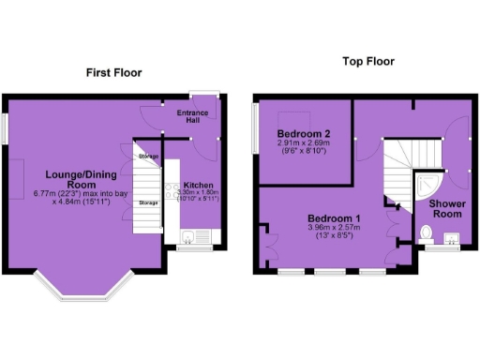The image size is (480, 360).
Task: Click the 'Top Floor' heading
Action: tap(368, 62)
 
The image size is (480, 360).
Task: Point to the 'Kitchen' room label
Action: tap(197, 185)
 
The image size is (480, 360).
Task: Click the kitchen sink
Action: tap(188, 234)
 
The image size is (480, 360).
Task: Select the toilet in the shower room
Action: tap(428, 231)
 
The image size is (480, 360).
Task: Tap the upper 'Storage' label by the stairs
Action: tap(147, 156)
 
